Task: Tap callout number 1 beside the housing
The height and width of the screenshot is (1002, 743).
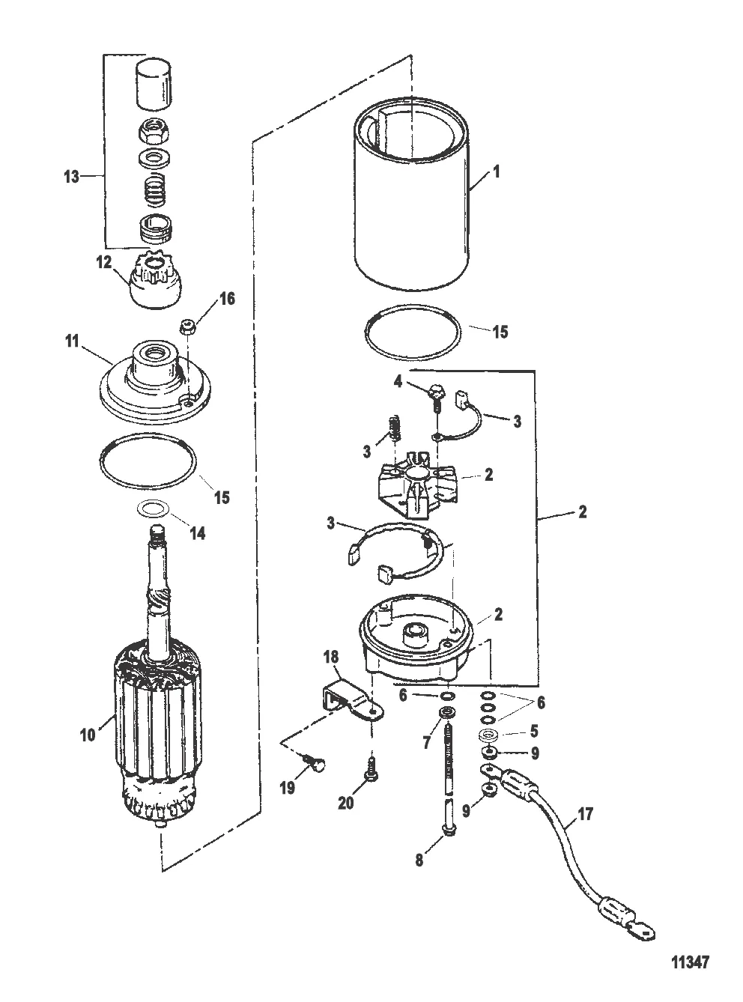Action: [x=496, y=171]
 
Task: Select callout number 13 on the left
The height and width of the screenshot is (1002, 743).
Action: [x=71, y=177]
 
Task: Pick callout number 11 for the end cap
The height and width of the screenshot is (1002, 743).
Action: [x=73, y=341]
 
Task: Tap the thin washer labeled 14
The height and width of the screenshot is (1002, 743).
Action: [x=154, y=509]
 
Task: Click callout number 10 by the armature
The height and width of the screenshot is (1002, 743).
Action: [x=88, y=735]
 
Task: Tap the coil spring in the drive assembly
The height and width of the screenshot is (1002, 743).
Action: [x=154, y=192]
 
